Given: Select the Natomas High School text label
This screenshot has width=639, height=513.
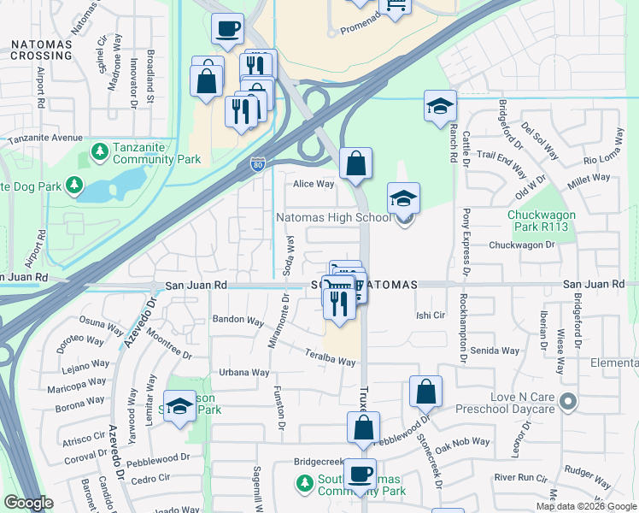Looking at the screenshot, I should click(333, 218).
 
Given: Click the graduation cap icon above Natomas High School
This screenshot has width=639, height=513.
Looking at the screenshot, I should click(404, 198).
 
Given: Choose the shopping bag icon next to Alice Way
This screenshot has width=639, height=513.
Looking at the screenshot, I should click(355, 162).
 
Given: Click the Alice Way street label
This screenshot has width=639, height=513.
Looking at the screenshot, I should click(314, 184).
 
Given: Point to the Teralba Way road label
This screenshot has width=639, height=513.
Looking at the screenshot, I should click(331, 357).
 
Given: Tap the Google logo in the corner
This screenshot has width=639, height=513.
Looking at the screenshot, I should click(27, 503).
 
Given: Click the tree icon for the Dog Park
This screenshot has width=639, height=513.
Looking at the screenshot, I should click(74, 185).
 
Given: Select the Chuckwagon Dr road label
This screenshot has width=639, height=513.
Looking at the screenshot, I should click(522, 245).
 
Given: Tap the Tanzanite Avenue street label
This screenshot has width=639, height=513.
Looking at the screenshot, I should click(45, 138).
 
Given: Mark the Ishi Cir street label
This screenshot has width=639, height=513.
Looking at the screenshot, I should click(431, 315).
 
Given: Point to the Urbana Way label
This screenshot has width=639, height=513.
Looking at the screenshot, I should click(244, 373).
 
